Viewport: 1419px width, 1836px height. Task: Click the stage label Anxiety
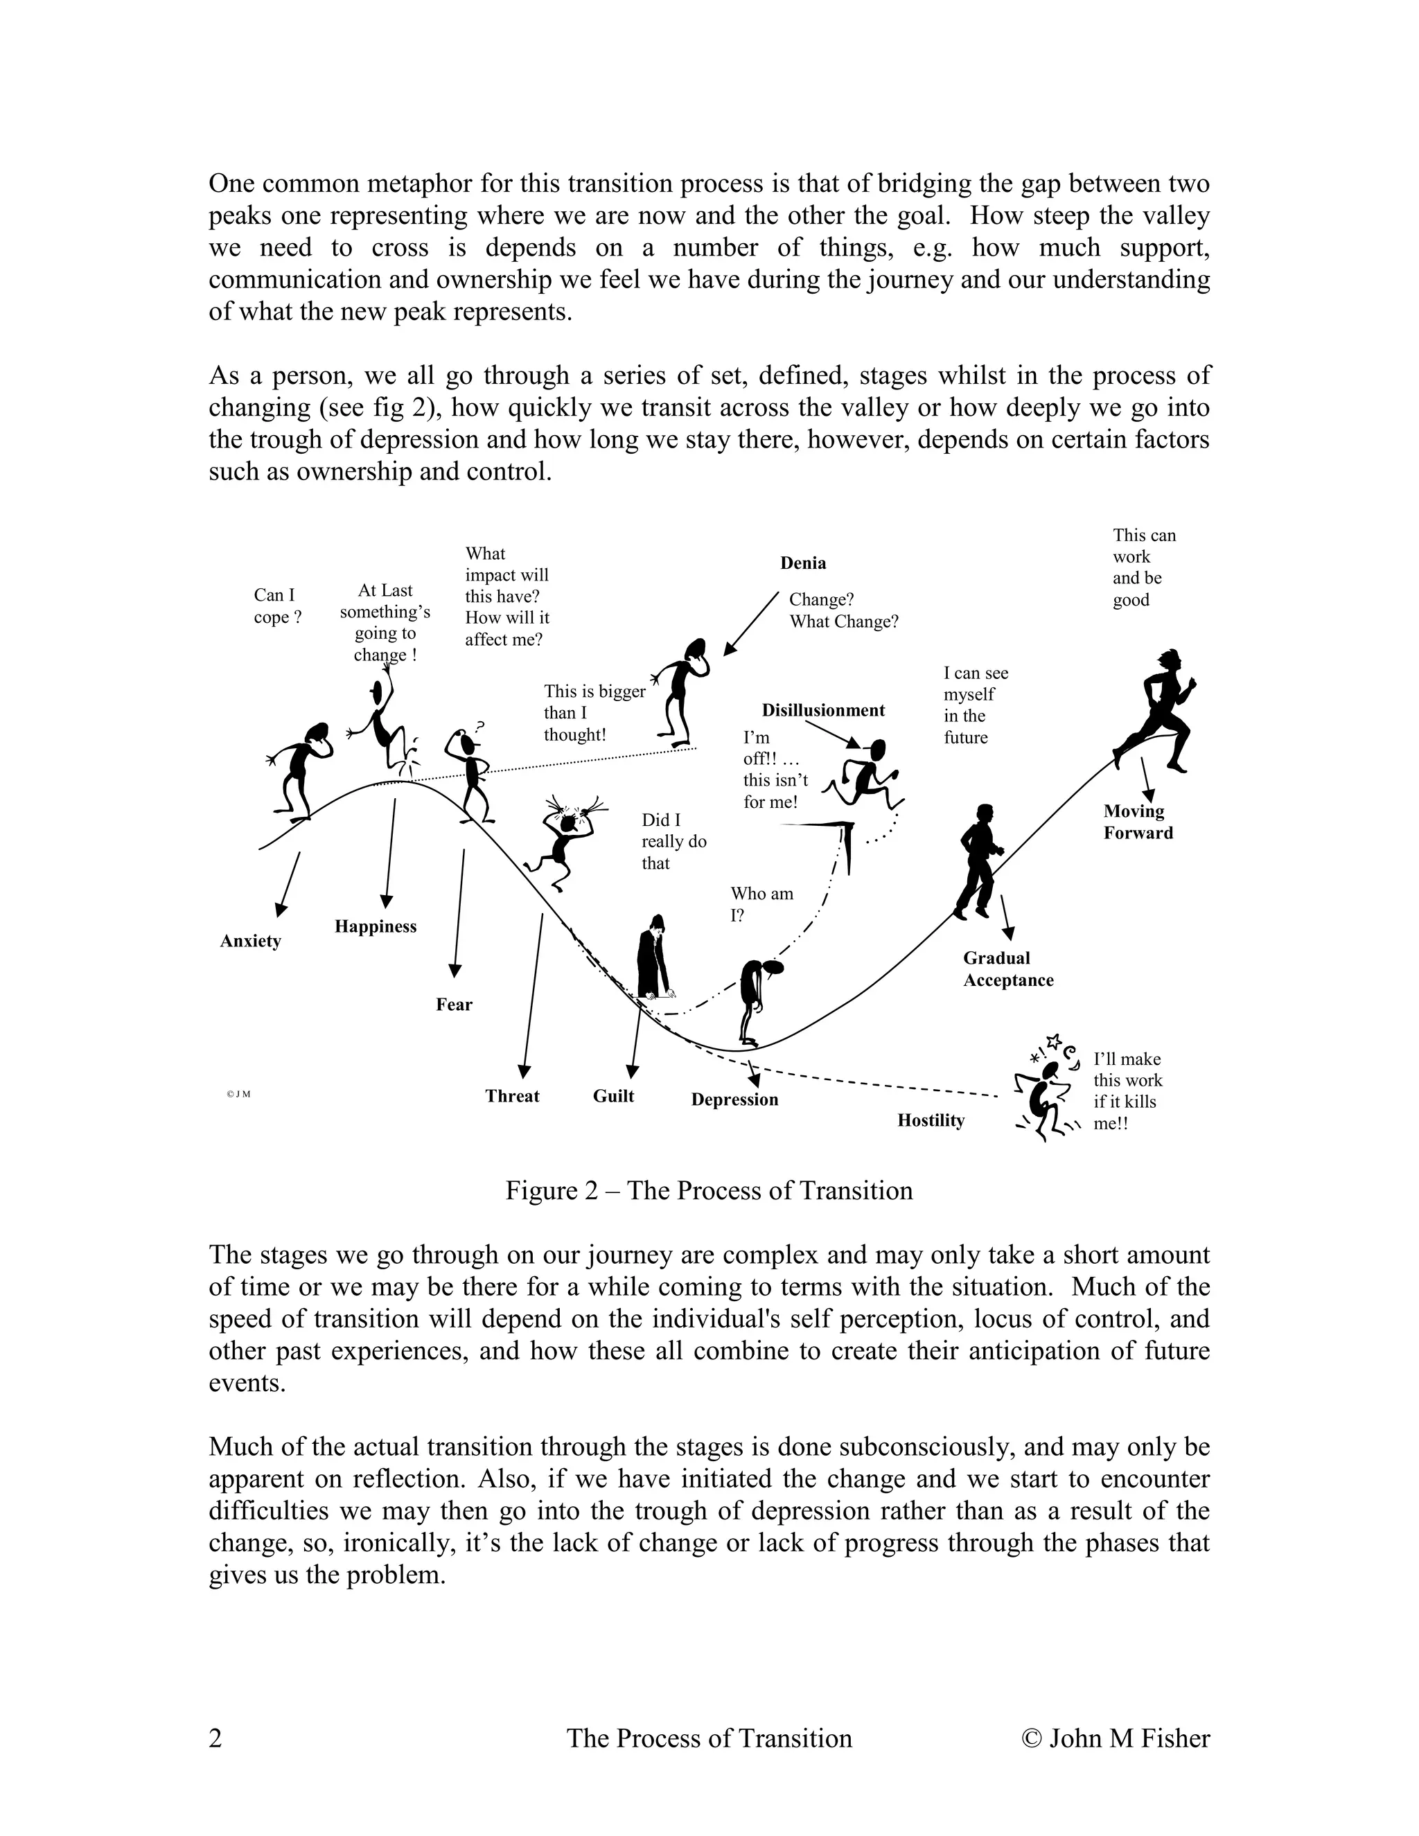(x=251, y=941)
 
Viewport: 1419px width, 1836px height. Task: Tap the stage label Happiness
(x=376, y=926)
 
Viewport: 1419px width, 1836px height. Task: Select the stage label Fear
(x=454, y=1005)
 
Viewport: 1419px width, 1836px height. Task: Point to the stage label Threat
(x=512, y=1095)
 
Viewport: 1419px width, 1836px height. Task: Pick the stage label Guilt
(x=614, y=1095)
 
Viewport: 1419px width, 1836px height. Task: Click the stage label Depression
(x=734, y=1100)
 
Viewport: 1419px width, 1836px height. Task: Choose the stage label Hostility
(x=931, y=1120)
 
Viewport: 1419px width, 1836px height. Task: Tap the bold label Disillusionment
(x=823, y=710)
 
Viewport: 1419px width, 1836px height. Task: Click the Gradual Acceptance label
(x=1008, y=969)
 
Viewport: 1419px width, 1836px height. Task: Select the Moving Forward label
(x=1138, y=822)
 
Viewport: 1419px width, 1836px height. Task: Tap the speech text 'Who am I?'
(x=761, y=903)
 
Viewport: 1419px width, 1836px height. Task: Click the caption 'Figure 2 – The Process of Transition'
(x=709, y=1191)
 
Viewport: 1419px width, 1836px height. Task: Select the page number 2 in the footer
(x=215, y=1738)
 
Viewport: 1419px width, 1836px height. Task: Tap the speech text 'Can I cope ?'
(x=276, y=606)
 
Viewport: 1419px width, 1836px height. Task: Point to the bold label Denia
(x=803, y=563)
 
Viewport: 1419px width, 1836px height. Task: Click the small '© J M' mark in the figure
(x=238, y=1095)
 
